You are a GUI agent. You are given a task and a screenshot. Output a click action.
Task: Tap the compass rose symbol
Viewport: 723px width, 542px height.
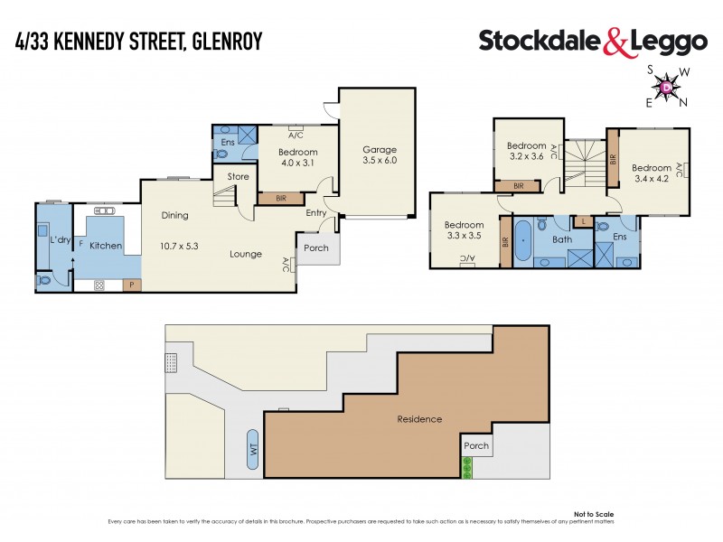pyautogui.click(x=667, y=87)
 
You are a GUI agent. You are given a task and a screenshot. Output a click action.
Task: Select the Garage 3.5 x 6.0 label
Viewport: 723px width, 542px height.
pyautogui.click(x=380, y=154)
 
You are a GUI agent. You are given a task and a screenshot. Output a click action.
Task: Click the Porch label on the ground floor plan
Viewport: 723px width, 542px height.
pyautogui.click(x=316, y=248)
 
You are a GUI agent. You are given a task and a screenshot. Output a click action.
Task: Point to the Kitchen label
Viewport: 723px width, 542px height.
pyautogui.click(x=105, y=246)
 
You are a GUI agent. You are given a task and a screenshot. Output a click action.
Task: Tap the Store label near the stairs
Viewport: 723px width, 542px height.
pyautogui.click(x=238, y=177)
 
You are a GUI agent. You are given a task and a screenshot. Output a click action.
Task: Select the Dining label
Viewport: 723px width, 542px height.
pyautogui.click(x=174, y=215)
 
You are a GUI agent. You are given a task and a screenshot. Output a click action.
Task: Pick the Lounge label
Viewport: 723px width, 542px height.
pyautogui.click(x=245, y=255)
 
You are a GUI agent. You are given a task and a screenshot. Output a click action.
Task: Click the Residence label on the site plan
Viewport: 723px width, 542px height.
pyautogui.click(x=420, y=419)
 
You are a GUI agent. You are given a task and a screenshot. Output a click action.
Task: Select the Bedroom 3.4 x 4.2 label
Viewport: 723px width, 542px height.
pyautogui.click(x=651, y=173)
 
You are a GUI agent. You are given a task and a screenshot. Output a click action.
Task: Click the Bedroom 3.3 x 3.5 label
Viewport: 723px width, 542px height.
pyautogui.click(x=465, y=230)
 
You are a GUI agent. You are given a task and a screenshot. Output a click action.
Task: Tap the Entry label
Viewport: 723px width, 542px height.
pyautogui.click(x=316, y=214)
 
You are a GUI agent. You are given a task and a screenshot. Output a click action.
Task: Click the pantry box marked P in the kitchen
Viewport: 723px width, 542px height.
pyautogui.click(x=132, y=285)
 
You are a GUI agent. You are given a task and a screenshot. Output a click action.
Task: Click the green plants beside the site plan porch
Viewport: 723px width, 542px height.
pyautogui.click(x=467, y=467)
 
